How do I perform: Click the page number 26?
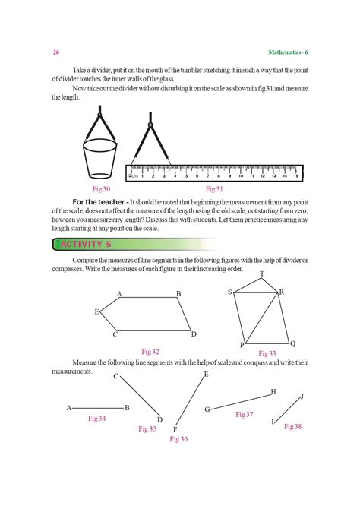[56, 52]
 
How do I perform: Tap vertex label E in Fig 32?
[96, 311]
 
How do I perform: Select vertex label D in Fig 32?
[194, 334]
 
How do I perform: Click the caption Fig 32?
[150, 351]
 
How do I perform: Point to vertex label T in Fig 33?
[262, 273]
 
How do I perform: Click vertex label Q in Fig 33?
[292, 343]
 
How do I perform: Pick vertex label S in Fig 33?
[229, 292]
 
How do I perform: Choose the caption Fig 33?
[267, 353]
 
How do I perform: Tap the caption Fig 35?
[147, 429]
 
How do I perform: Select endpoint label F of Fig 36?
[175, 430]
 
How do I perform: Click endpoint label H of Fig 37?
[273, 392]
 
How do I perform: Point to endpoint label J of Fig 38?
[302, 397]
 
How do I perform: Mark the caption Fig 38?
[292, 427]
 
